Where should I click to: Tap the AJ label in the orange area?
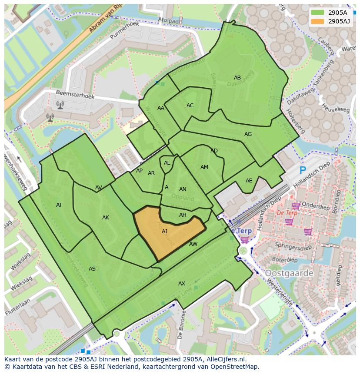pos(164,232)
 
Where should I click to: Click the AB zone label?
pos(237,78)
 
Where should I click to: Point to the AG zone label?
pos(248,134)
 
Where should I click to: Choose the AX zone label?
pos(182,284)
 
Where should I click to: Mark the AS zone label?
pos(92,269)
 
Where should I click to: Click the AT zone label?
pos(59,205)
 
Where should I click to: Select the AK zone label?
pos(106,218)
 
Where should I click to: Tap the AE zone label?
pos(249,181)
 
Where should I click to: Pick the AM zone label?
pos(204,167)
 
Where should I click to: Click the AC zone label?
pos(190,106)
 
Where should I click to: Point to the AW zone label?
pos(193,244)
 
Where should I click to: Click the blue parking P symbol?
pos(303,171)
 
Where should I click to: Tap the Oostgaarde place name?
pos(289,273)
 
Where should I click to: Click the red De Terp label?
pos(287,213)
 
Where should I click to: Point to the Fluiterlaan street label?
pos(18,307)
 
